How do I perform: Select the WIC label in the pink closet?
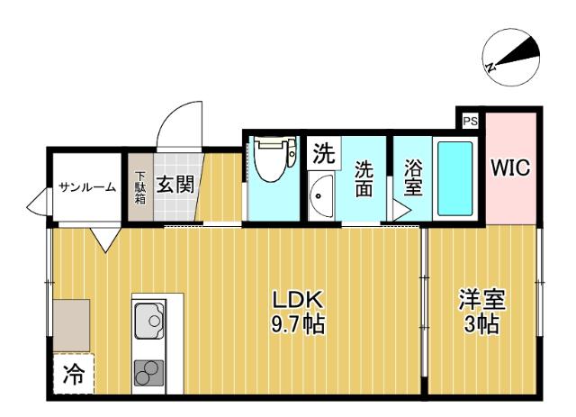tap(511, 168)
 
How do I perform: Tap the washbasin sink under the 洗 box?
tap(321, 195)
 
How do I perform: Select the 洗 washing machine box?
tap(322, 153)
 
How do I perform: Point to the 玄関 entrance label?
tap(176, 186)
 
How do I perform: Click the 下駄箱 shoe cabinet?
tap(139, 186)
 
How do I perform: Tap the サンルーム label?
tap(86, 187)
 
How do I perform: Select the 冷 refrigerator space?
tap(71, 376)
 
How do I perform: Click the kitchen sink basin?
tap(149, 321)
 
